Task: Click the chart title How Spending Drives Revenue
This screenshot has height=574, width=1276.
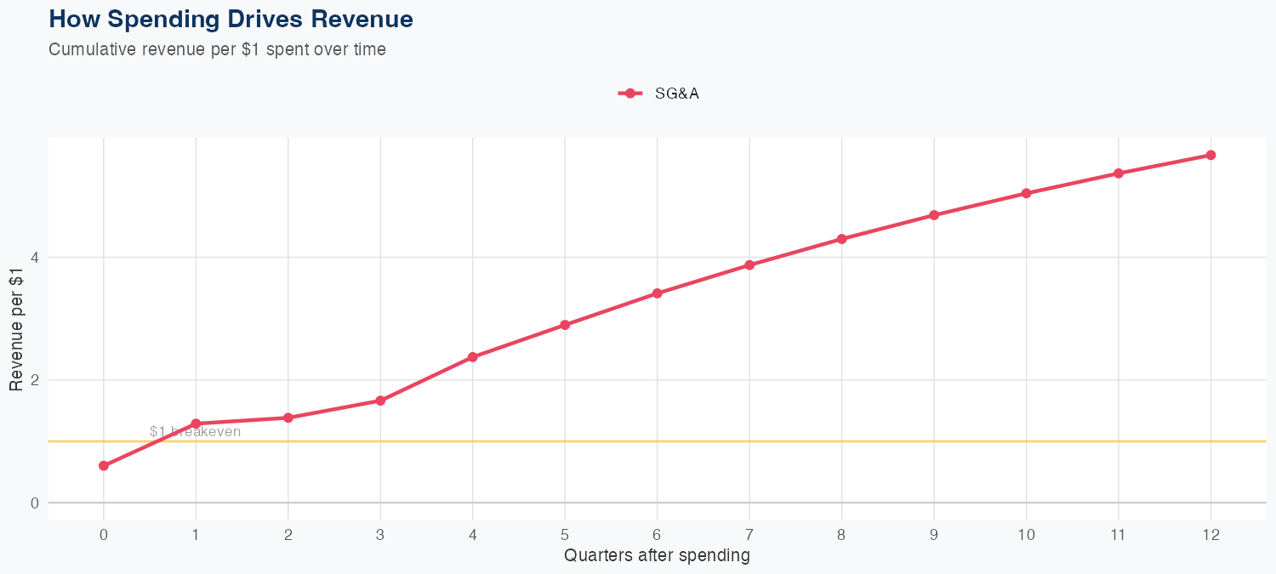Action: pos(231,20)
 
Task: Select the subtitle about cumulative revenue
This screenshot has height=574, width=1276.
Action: pos(217,49)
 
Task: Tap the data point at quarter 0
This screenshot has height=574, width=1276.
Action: pos(104,466)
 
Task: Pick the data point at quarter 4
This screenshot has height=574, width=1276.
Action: pos(472,357)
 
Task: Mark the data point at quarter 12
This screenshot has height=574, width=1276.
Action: pos(1210,155)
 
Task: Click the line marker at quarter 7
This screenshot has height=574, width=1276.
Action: pos(749,265)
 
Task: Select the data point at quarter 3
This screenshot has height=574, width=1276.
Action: pos(380,401)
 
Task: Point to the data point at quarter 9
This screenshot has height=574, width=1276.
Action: pos(934,215)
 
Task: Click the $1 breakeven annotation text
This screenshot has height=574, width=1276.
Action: pos(195,432)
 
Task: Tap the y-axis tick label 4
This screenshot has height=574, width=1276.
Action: pos(35,258)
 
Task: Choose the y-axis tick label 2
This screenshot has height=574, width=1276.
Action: pos(35,380)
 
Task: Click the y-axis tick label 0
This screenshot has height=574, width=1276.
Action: pos(35,503)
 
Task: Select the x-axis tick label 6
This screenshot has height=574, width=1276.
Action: pos(657,535)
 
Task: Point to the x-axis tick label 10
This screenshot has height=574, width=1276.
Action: pos(1026,535)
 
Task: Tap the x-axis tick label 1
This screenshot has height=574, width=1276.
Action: pos(196,535)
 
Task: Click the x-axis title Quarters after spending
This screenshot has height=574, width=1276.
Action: pos(657,556)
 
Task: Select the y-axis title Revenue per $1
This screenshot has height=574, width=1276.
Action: pos(16,327)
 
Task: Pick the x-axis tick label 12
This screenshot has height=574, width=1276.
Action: pos(1210,535)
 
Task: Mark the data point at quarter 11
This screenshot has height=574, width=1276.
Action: pos(1119,173)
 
